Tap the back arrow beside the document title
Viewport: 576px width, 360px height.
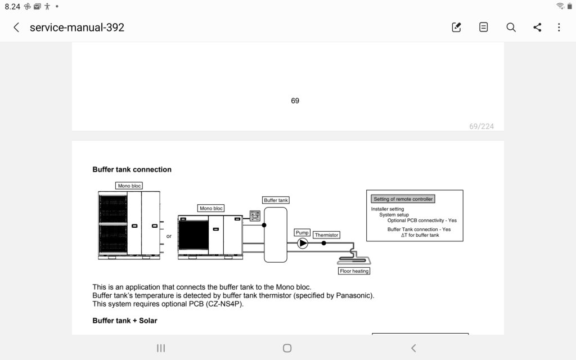pyautogui.click(x=16, y=27)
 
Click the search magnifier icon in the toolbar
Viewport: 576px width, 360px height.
pyautogui.click(x=511, y=27)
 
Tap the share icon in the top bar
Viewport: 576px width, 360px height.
pyautogui.click(x=537, y=27)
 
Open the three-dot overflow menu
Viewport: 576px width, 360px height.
pyautogui.click(x=559, y=27)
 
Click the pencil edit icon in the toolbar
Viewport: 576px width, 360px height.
pyautogui.click(x=456, y=27)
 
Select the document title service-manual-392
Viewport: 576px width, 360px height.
pyautogui.click(x=76, y=27)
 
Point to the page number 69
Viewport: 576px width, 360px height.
pyautogui.click(x=295, y=101)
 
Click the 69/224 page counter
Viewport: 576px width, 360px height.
pyautogui.click(x=481, y=127)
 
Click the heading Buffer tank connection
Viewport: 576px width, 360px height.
pyautogui.click(x=132, y=169)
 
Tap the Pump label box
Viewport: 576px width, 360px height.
pyautogui.click(x=302, y=232)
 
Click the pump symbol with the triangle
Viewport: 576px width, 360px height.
pyautogui.click(x=302, y=243)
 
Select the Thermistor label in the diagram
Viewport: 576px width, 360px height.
pyautogui.click(x=326, y=235)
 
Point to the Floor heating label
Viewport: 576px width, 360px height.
pyautogui.click(x=354, y=271)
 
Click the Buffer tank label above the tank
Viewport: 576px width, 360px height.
pyautogui.click(x=276, y=200)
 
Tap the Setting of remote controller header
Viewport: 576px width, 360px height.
pyautogui.click(x=403, y=199)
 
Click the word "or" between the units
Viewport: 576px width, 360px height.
pyautogui.click(x=169, y=236)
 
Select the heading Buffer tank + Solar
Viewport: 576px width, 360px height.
pyautogui.click(x=125, y=321)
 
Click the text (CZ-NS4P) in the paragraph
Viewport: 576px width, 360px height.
pyautogui.click(x=224, y=304)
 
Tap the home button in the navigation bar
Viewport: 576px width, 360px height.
pyautogui.click(x=287, y=348)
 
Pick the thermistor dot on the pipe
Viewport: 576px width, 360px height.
pyautogui.click(x=323, y=243)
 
